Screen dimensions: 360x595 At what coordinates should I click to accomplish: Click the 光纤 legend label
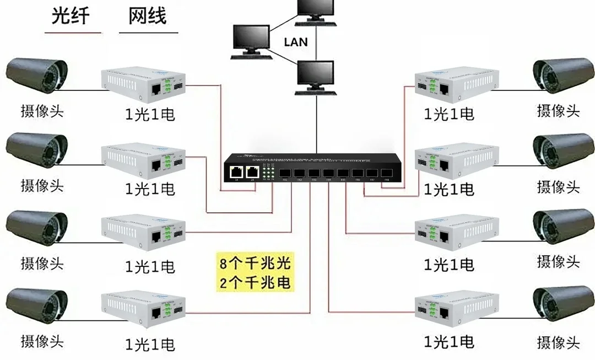point(71,16)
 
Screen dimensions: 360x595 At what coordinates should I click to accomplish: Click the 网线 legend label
point(147,16)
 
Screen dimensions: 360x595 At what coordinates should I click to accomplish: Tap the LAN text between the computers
point(295,42)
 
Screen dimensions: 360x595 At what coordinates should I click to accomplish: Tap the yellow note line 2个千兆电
point(254,283)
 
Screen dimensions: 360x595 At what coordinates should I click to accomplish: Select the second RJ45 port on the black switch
point(253,171)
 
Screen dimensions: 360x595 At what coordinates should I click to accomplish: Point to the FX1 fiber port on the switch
point(285,171)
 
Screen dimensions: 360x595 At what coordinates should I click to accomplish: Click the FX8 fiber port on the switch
point(386,171)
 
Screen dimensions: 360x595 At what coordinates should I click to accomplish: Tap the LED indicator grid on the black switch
point(268,170)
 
